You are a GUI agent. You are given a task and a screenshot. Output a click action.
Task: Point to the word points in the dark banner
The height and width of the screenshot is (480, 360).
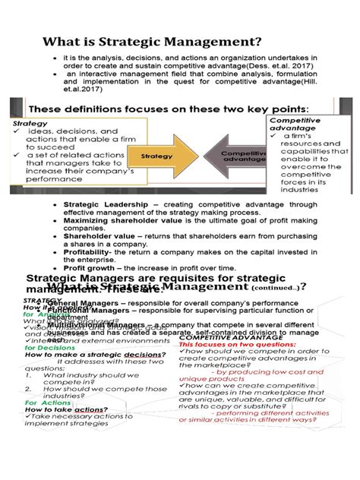pos(285,109)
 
